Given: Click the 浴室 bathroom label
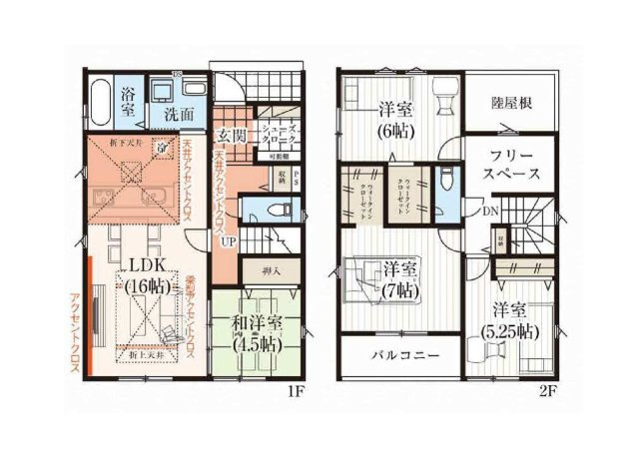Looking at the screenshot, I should [129, 102].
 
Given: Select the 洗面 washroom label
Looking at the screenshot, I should [179, 114].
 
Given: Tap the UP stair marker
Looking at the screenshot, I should [230, 241].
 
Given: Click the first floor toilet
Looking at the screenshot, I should [281, 212].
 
